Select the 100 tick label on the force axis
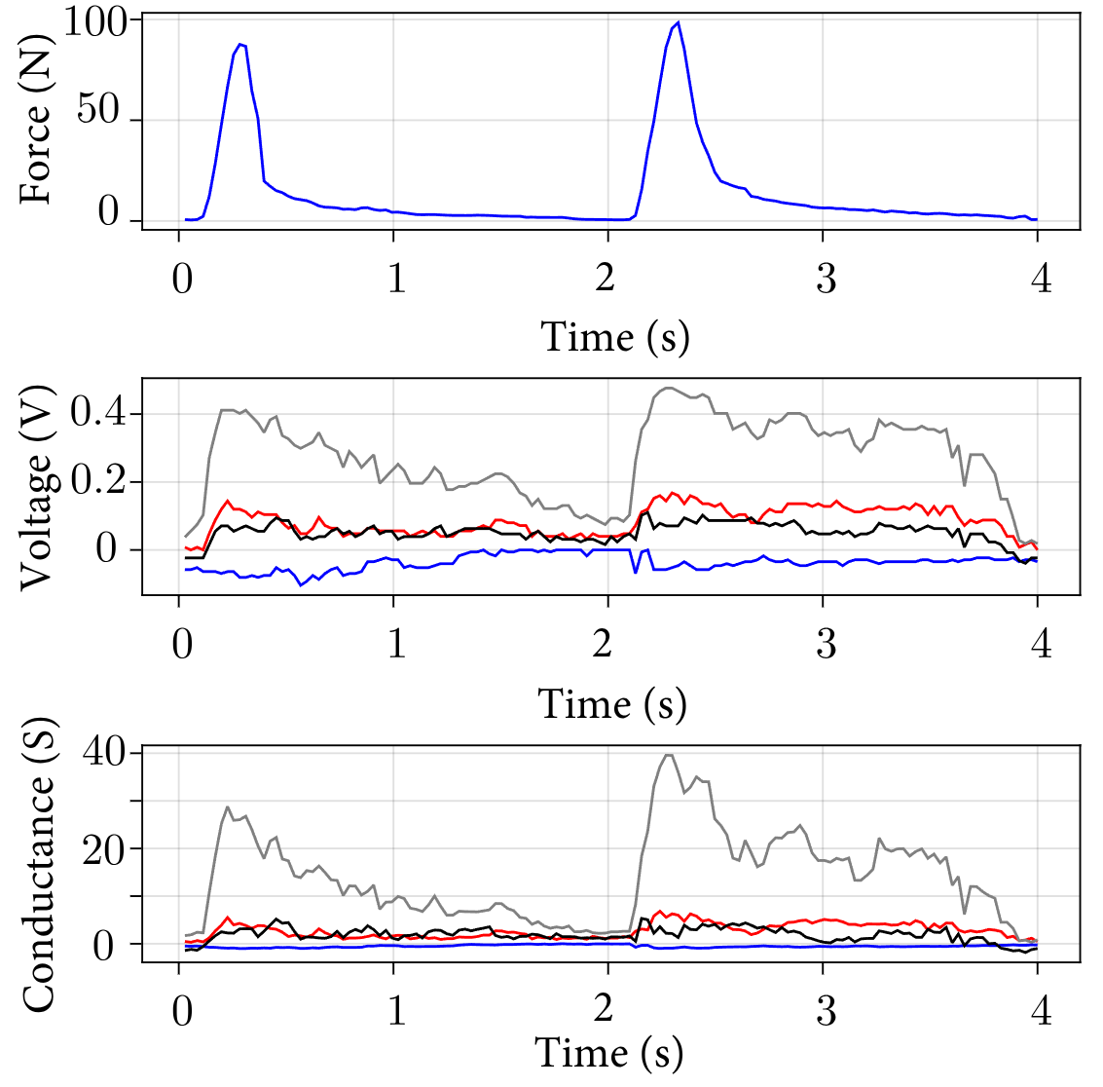point(95,21)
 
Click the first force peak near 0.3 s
point(240,44)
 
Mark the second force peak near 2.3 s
point(678,22)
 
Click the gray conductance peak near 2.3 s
point(668,755)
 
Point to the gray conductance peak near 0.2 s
point(228,806)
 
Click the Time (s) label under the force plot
point(614,337)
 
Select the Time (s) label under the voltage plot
point(612,703)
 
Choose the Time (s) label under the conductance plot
point(609,1053)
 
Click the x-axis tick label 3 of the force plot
point(826,280)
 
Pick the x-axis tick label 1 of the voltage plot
point(396,644)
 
